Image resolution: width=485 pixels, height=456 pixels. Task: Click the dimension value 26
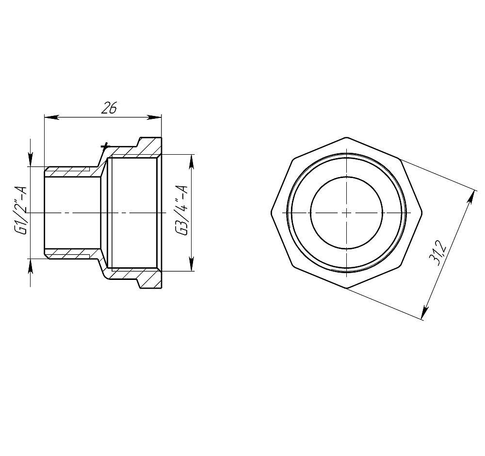(x=109, y=107)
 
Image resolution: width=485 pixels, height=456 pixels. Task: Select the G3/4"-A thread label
(x=181, y=211)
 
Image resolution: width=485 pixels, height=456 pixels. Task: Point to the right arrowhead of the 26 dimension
(x=154, y=117)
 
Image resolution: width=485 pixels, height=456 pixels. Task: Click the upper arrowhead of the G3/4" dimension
(x=192, y=162)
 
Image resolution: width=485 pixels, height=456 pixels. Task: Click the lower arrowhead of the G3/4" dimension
(x=192, y=263)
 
